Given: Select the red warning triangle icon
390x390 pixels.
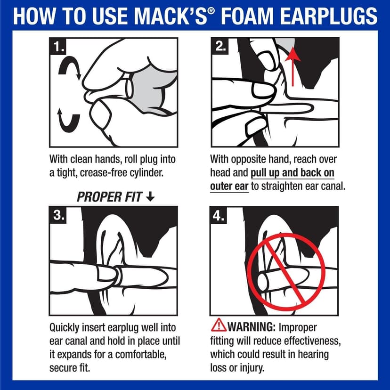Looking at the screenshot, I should [218, 326].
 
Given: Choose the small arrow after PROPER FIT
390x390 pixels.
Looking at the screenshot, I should [150, 196].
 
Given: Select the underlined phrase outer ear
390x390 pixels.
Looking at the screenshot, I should [229, 186].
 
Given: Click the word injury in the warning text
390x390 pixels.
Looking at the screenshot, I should [255, 367].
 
